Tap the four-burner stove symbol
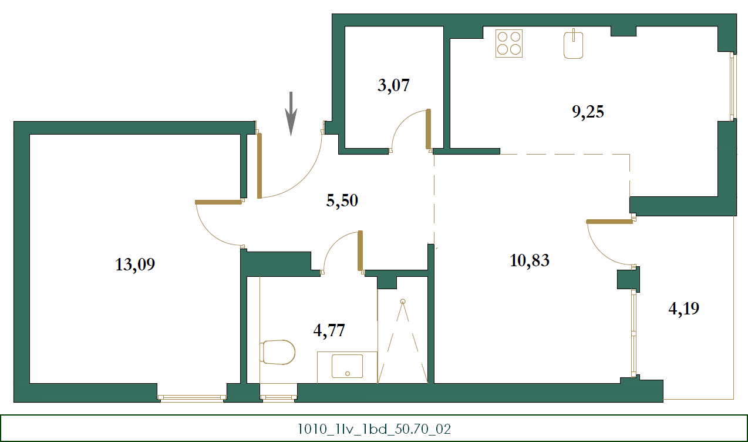coord(509,43)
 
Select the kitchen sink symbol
coord(574,45)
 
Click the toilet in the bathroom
coord(278,352)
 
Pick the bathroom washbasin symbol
coord(347,366)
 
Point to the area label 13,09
coord(135,265)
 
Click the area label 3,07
coord(393,86)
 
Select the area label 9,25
coord(588,112)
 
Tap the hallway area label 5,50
coord(342,201)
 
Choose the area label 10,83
coord(530,260)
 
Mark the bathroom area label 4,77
coord(329,330)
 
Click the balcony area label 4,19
coord(684,308)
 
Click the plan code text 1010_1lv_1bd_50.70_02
coord(374,428)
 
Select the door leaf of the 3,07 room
coord(429,129)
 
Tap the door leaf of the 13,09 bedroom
coord(218,202)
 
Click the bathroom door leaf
coord(360,250)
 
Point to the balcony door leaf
coord(609,222)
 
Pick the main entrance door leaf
coord(260,166)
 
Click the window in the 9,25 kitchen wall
coord(732,86)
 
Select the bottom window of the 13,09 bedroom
coord(192,398)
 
